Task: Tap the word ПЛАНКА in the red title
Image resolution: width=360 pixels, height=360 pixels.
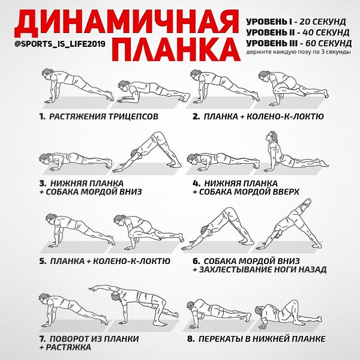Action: point(176,49)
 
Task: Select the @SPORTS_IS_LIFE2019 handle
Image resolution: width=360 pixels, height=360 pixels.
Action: point(60,44)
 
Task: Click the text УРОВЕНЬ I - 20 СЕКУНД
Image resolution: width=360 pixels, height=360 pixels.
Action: point(296,22)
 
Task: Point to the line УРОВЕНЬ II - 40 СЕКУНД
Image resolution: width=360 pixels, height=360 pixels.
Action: point(298,32)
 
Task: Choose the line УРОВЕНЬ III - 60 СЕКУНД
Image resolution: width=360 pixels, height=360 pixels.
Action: point(299,43)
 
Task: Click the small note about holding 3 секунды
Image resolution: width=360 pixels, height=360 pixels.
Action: point(298,52)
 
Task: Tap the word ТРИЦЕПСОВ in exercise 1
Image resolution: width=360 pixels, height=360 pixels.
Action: point(133,116)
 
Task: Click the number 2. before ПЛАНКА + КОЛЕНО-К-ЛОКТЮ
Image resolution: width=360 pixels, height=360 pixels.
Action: point(196,116)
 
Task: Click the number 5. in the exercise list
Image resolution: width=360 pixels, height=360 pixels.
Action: point(43,261)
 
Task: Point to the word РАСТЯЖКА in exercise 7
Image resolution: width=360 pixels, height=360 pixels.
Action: point(68,347)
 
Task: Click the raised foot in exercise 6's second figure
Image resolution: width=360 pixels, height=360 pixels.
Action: point(306,203)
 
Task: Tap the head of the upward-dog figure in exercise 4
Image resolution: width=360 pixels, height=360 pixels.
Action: point(271,136)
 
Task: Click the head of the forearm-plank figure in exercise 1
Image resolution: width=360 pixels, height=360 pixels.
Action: point(123,86)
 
